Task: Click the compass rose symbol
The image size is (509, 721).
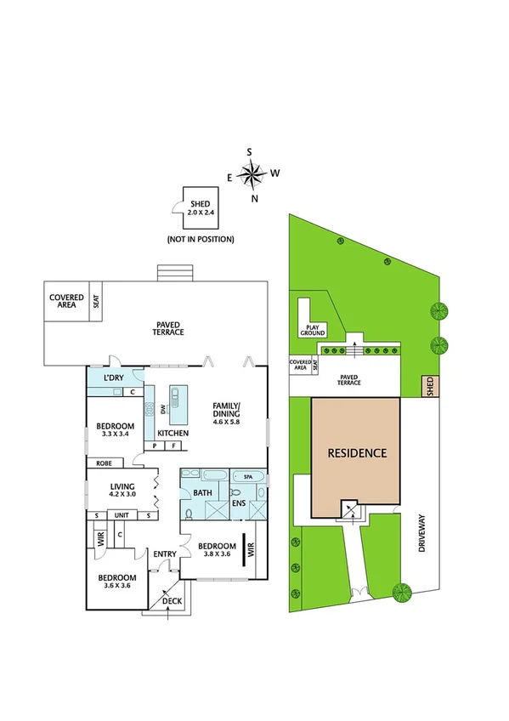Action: [252, 175]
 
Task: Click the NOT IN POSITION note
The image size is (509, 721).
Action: [201, 239]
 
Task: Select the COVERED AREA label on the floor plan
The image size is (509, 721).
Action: [65, 302]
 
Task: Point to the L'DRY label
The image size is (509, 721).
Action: [116, 378]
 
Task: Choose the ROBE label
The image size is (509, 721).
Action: [105, 463]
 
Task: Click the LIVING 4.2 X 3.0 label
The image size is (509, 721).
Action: [122, 490]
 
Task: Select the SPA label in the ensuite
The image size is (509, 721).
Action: [248, 477]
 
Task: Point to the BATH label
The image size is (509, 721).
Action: [202, 492]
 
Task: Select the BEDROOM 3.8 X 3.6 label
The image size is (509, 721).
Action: [216, 549]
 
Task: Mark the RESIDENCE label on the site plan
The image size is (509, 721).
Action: [357, 453]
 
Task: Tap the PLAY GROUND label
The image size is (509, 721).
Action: [306, 329]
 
